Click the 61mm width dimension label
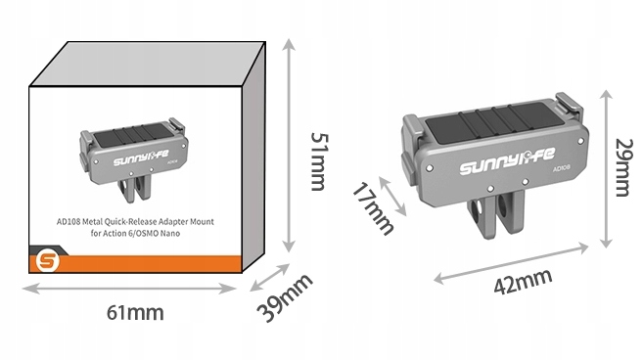pos(135,312)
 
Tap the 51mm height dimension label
pos(319,161)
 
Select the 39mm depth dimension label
pos(285,297)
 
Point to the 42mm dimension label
pos(523,282)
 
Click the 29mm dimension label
pos(623,167)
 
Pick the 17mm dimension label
pos(373,208)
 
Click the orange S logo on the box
pos(47,261)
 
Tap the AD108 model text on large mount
pos(562,169)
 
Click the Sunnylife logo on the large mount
pos(507,161)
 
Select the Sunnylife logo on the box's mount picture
pos(141,157)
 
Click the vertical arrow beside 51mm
pos(289,146)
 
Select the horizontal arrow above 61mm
pos(129,289)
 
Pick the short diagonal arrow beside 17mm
pos(392,196)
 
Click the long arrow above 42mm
pos(511,262)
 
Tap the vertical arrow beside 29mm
pos(606,169)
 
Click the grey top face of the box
pos(147,64)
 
